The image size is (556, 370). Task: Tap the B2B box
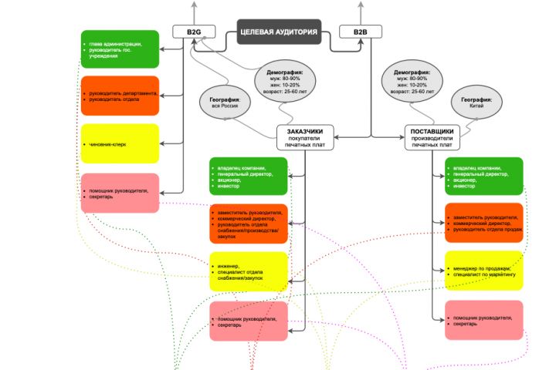tap(361, 32)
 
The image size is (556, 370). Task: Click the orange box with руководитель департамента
tap(120, 96)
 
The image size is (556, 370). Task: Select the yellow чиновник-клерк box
tap(120, 143)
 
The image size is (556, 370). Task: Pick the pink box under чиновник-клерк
tap(120, 193)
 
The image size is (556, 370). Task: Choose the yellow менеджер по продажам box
tap(484, 271)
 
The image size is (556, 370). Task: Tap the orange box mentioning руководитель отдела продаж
tap(484, 223)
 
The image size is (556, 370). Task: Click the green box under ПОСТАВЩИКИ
tap(484, 177)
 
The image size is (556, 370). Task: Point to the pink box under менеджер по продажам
tap(484, 320)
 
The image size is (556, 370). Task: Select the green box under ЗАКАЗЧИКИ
tap(248, 177)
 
